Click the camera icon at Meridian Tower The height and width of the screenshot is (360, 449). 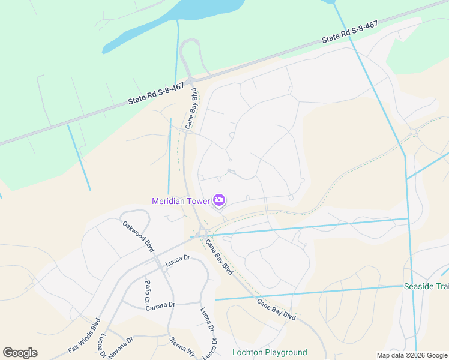[x=219, y=200]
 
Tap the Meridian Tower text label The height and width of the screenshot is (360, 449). [x=181, y=201]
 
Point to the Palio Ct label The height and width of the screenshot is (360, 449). [x=146, y=291]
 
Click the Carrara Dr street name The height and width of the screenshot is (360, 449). [x=160, y=306]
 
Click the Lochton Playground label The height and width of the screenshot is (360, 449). [x=270, y=352]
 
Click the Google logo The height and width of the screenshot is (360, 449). [x=20, y=353]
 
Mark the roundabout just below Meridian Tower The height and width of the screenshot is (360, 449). [x=203, y=233]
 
